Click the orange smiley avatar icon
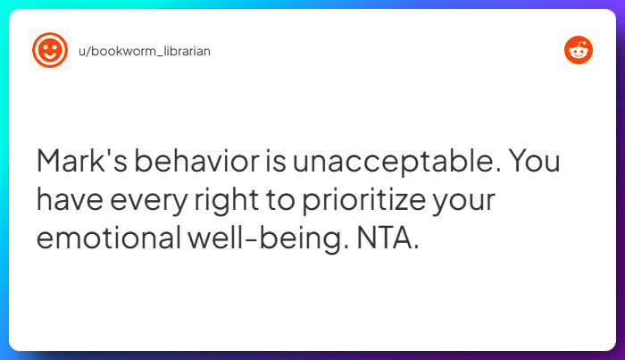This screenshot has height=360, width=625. tap(50, 50)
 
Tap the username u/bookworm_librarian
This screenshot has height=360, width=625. tap(144, 51)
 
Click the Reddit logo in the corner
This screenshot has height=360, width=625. tap(579, 51)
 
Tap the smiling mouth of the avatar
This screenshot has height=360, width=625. tap(50, 56)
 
